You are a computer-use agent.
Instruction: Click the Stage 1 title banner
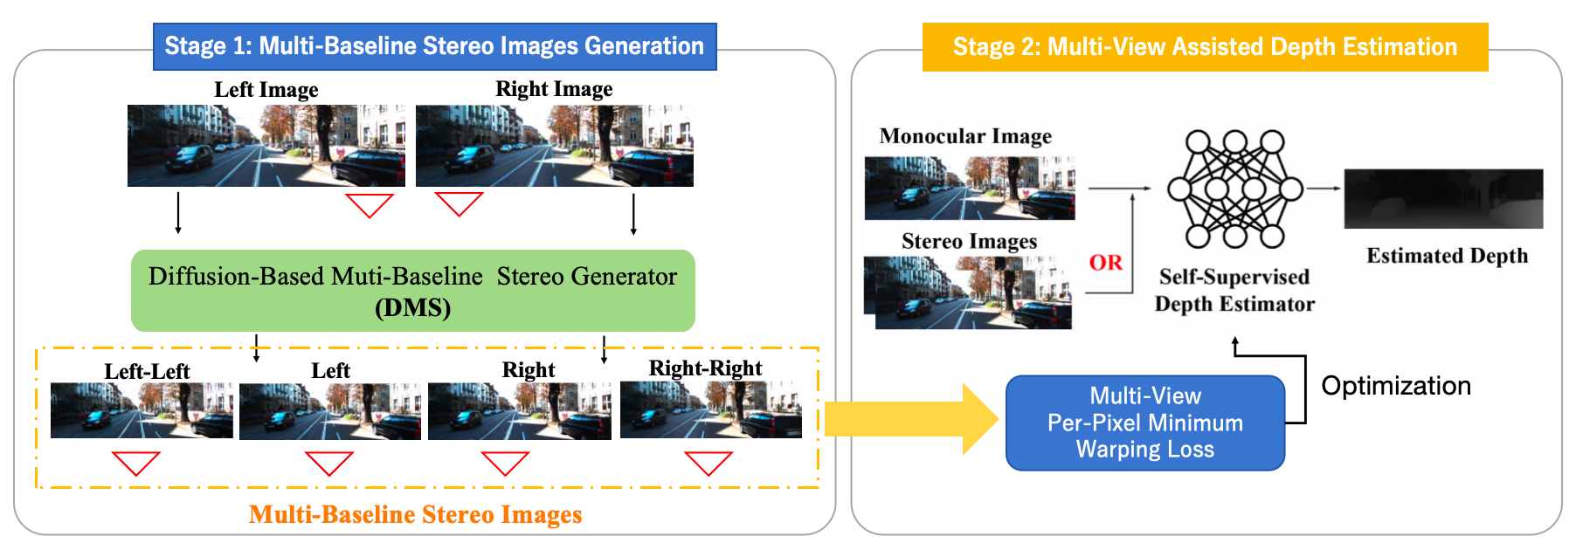(434, 46)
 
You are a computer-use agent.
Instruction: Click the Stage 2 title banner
(1205, 47)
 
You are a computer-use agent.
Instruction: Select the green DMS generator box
(412, 291)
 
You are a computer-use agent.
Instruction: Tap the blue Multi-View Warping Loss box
(1145, 423)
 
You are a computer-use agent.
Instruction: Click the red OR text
(1105, 263)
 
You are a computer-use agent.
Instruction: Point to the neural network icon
(1234, 189)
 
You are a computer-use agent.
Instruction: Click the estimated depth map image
(1443, 199)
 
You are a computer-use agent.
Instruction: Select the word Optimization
(1395, 386)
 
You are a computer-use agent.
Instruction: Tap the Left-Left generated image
(142, 410)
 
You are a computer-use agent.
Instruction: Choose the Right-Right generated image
(710, 409)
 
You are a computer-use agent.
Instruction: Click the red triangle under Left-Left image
(136, 463)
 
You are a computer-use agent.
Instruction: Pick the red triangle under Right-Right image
(709, 463)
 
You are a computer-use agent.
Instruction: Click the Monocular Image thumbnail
(969, 188)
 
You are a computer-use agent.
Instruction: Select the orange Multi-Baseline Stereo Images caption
(415, 515)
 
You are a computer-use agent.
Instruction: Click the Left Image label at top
(266, 90)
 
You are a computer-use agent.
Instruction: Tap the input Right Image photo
(554, 146)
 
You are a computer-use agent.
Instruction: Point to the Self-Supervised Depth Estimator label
(1234, 290)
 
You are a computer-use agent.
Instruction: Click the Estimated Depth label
(1447, 256)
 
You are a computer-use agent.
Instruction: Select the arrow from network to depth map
(1323, 189)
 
